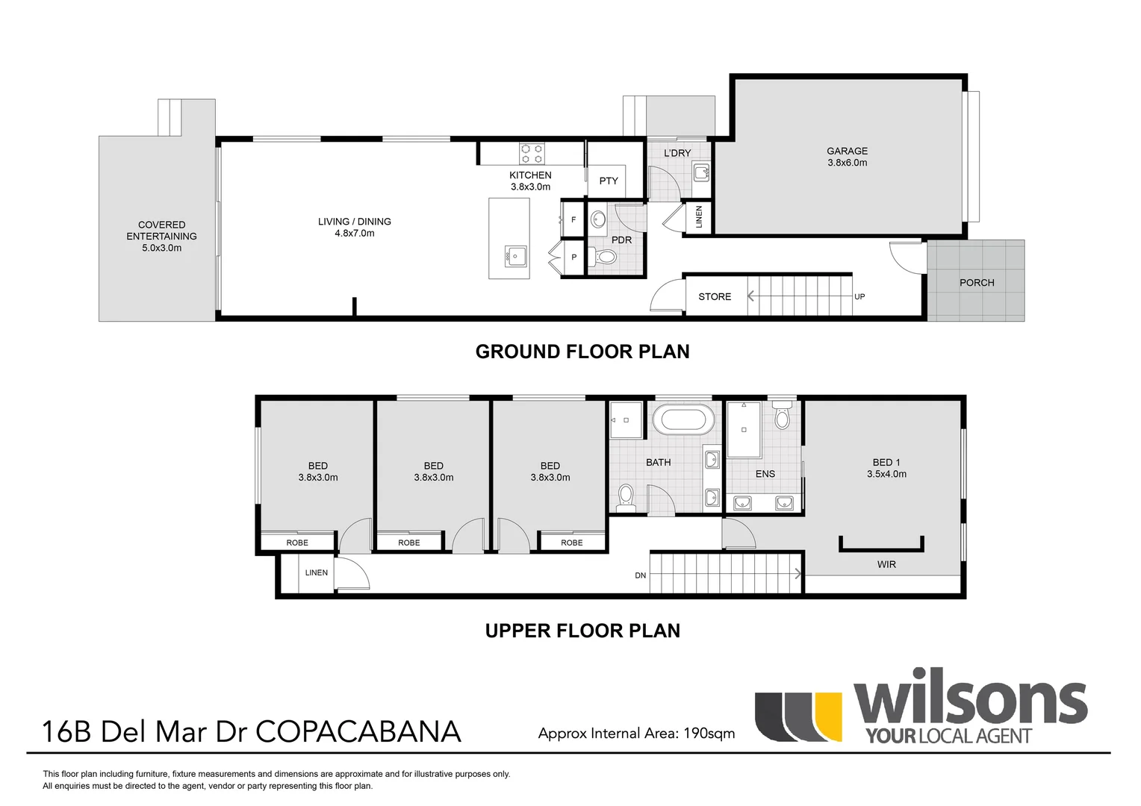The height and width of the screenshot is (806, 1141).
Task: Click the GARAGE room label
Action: click(x=847, y=151)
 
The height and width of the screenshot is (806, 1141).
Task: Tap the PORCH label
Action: click(x=977, y=283)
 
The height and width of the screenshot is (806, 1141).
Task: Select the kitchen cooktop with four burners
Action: click(x=532, y=154)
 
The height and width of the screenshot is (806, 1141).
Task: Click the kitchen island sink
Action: click(x=515, y=256)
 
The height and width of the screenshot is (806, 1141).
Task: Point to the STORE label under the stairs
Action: click(x=715, y=297)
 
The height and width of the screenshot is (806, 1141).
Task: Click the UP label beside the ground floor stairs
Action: click(x=859, y=297)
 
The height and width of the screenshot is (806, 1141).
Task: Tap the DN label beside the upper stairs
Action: click(x=641, y=575)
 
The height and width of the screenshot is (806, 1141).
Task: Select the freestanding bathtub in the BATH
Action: click(x=680, y=419)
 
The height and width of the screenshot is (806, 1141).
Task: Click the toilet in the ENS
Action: click(x=782, y=416)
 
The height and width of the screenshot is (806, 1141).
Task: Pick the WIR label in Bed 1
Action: click(x=886, y=565)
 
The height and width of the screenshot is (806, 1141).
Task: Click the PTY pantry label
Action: click(x=609, y=181)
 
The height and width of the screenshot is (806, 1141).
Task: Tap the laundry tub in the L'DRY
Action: click(x=701, y=174)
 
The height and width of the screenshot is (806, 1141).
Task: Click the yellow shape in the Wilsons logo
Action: click(x=828, y=716)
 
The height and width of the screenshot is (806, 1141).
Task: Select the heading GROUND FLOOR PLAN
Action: click(x=582, y=352)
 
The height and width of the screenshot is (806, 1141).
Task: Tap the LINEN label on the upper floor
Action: click(x=316, y=573)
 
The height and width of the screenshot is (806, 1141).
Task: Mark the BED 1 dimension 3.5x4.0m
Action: click(x=886, y=475)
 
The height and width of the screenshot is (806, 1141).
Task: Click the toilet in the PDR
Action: click(x=606, y=257)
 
